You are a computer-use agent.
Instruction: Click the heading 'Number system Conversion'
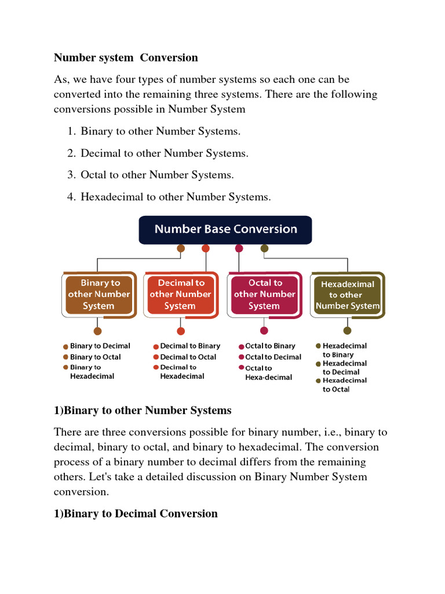(126, 57)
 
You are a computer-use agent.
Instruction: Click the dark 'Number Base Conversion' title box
(225, 229)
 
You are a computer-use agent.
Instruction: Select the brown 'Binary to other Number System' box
(99, 294)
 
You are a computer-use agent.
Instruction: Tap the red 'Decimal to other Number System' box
(181, 294)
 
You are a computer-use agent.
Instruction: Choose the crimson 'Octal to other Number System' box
(264, 294)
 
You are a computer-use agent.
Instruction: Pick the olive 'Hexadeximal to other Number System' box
(348, 295)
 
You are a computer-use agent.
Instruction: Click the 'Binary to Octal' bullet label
(95, 357)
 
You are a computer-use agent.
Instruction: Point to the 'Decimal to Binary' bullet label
(190, 346)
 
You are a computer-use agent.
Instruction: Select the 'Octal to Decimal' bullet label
(273, 357)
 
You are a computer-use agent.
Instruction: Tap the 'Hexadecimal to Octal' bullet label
(345, 385)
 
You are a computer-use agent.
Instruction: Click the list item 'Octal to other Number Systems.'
(158, 175)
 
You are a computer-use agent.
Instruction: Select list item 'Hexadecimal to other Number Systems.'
(176, 197)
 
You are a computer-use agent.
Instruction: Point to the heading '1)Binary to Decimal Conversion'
(136, 513)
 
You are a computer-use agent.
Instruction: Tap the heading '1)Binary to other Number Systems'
(143, 410)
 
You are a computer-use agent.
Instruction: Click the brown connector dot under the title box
(181, 249)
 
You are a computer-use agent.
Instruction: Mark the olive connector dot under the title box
(264, 249)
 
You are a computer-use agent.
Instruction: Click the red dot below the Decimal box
(181, 331)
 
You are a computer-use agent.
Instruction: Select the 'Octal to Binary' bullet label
(270, 346)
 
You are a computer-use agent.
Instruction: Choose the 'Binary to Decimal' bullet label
(100, 346)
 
